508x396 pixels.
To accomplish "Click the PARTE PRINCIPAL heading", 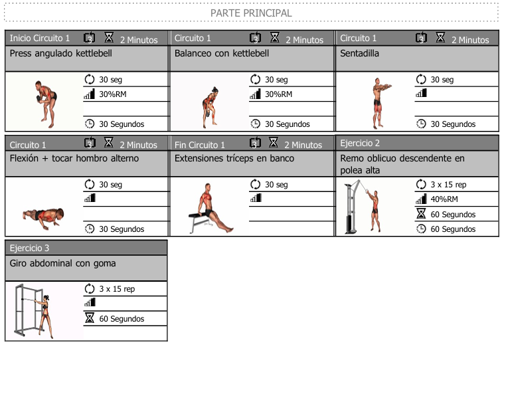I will pos(251,13).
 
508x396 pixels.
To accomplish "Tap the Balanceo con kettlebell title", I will pos(222,53).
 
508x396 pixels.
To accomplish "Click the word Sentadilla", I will pos(359,53).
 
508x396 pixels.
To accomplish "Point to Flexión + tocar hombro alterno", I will pos(74,158).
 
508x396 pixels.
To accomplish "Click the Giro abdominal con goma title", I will pos(62,263).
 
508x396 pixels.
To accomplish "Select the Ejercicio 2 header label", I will pos(360,143).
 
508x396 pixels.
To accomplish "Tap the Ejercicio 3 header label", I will pos(29,248).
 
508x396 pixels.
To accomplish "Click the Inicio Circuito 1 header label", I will pos(39,38).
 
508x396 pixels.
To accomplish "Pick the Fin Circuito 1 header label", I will pos(200,145).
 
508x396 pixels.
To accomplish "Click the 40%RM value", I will pos(444,199).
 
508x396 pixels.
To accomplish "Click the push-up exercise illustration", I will pos(43,214).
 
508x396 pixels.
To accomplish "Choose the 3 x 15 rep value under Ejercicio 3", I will pos(117,289).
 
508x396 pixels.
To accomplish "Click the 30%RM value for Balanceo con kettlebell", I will pos(278,94).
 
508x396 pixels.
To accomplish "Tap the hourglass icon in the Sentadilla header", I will pos(440,37).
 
